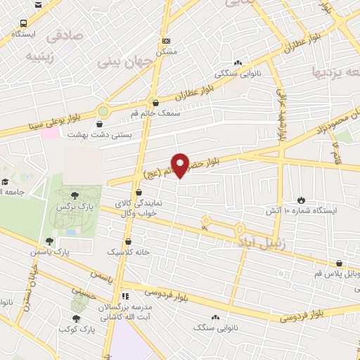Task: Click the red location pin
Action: pos(181,165)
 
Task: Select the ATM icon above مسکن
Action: pos(165,41)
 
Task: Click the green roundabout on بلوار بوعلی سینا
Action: pos(103,110)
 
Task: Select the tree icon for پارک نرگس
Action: pos(75,195)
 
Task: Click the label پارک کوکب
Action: pos(77,329)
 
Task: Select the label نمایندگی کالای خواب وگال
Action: pos(139,207)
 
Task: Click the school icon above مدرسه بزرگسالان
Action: pos(125,296)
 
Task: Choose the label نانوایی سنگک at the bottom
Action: pos(212,328)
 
